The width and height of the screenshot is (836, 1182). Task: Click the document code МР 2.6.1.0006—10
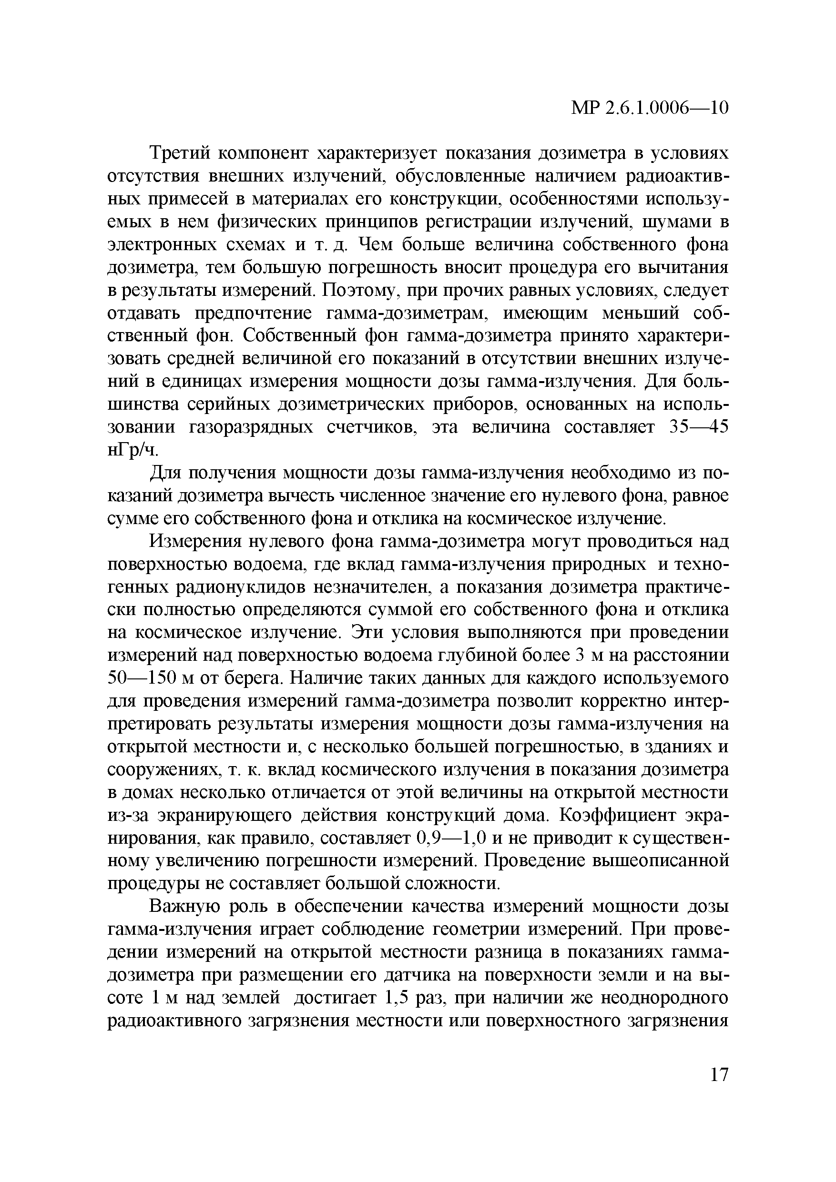[650, 108]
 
